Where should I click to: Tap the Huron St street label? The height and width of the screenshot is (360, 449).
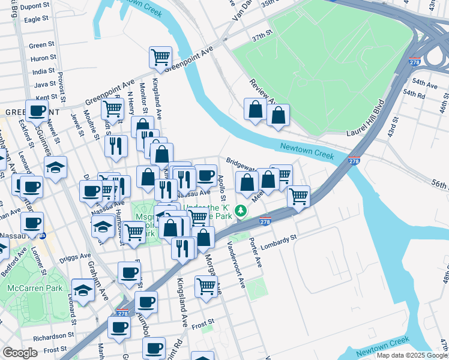pos(43,58)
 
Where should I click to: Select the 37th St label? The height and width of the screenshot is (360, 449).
pos(262,38)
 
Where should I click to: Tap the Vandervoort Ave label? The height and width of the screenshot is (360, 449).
pos(235,264)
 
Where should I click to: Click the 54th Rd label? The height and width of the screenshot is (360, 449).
pos(414,95)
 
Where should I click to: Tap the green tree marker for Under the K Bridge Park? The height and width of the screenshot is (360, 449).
pos(241,211)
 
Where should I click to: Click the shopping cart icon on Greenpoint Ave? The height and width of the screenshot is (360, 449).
pos(160,58)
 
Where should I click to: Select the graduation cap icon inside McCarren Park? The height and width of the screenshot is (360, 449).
pos(83,290)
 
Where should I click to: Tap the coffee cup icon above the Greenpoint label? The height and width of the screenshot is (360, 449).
pos(37,110)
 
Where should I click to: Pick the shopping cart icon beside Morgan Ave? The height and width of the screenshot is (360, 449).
pos(206,286)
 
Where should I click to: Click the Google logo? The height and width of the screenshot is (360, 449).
pos(20,353)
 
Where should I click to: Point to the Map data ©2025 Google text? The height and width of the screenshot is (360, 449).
pos(411,355)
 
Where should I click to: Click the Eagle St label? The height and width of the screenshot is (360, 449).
pos(36,19)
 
